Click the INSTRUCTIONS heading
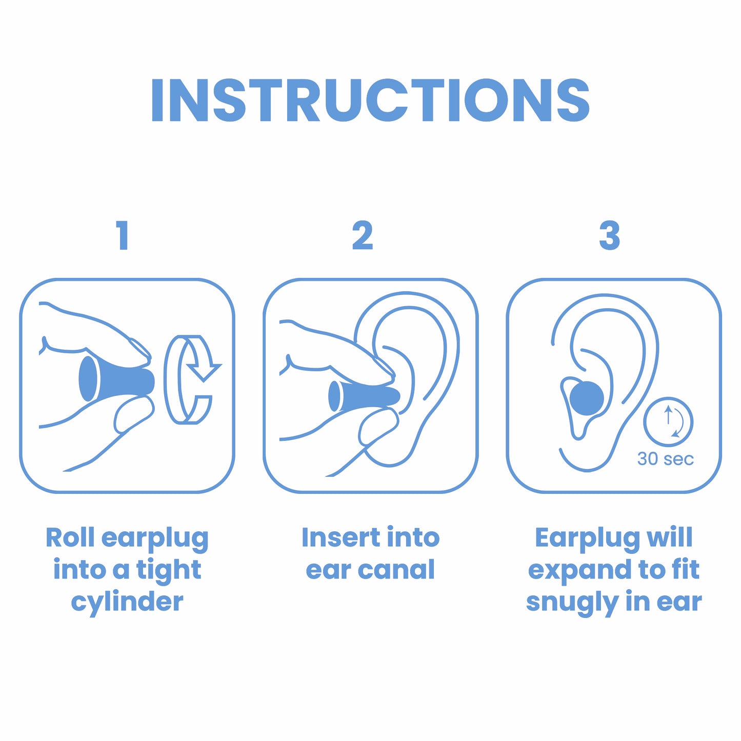tap(370, 101)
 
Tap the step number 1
tap(122, 236)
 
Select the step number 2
tap(363, 236)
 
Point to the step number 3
tap(610, 236)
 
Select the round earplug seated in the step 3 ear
tap(587, 398)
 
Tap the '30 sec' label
tap(665, 459)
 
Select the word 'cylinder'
tap(127, 602)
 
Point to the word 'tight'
tap(168, 570)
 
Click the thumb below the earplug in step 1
tap(133, 414)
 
